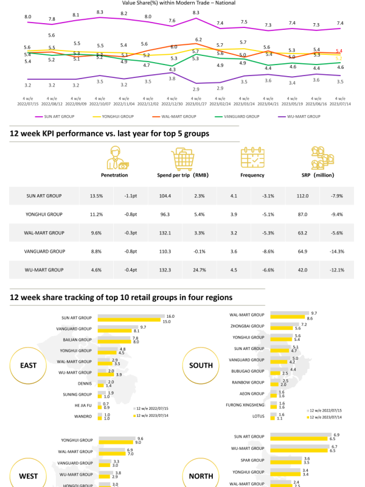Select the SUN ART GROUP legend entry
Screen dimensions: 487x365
(58, 116)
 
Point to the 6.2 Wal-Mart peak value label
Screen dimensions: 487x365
(198, 40)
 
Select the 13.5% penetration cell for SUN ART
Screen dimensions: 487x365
(96, 196)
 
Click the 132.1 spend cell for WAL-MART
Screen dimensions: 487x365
(164, 233)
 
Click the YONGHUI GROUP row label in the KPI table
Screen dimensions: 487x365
(45, 214)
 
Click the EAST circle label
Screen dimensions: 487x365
(28, 366)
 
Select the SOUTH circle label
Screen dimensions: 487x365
(201, 366)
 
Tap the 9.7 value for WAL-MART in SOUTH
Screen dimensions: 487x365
(313, 313)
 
